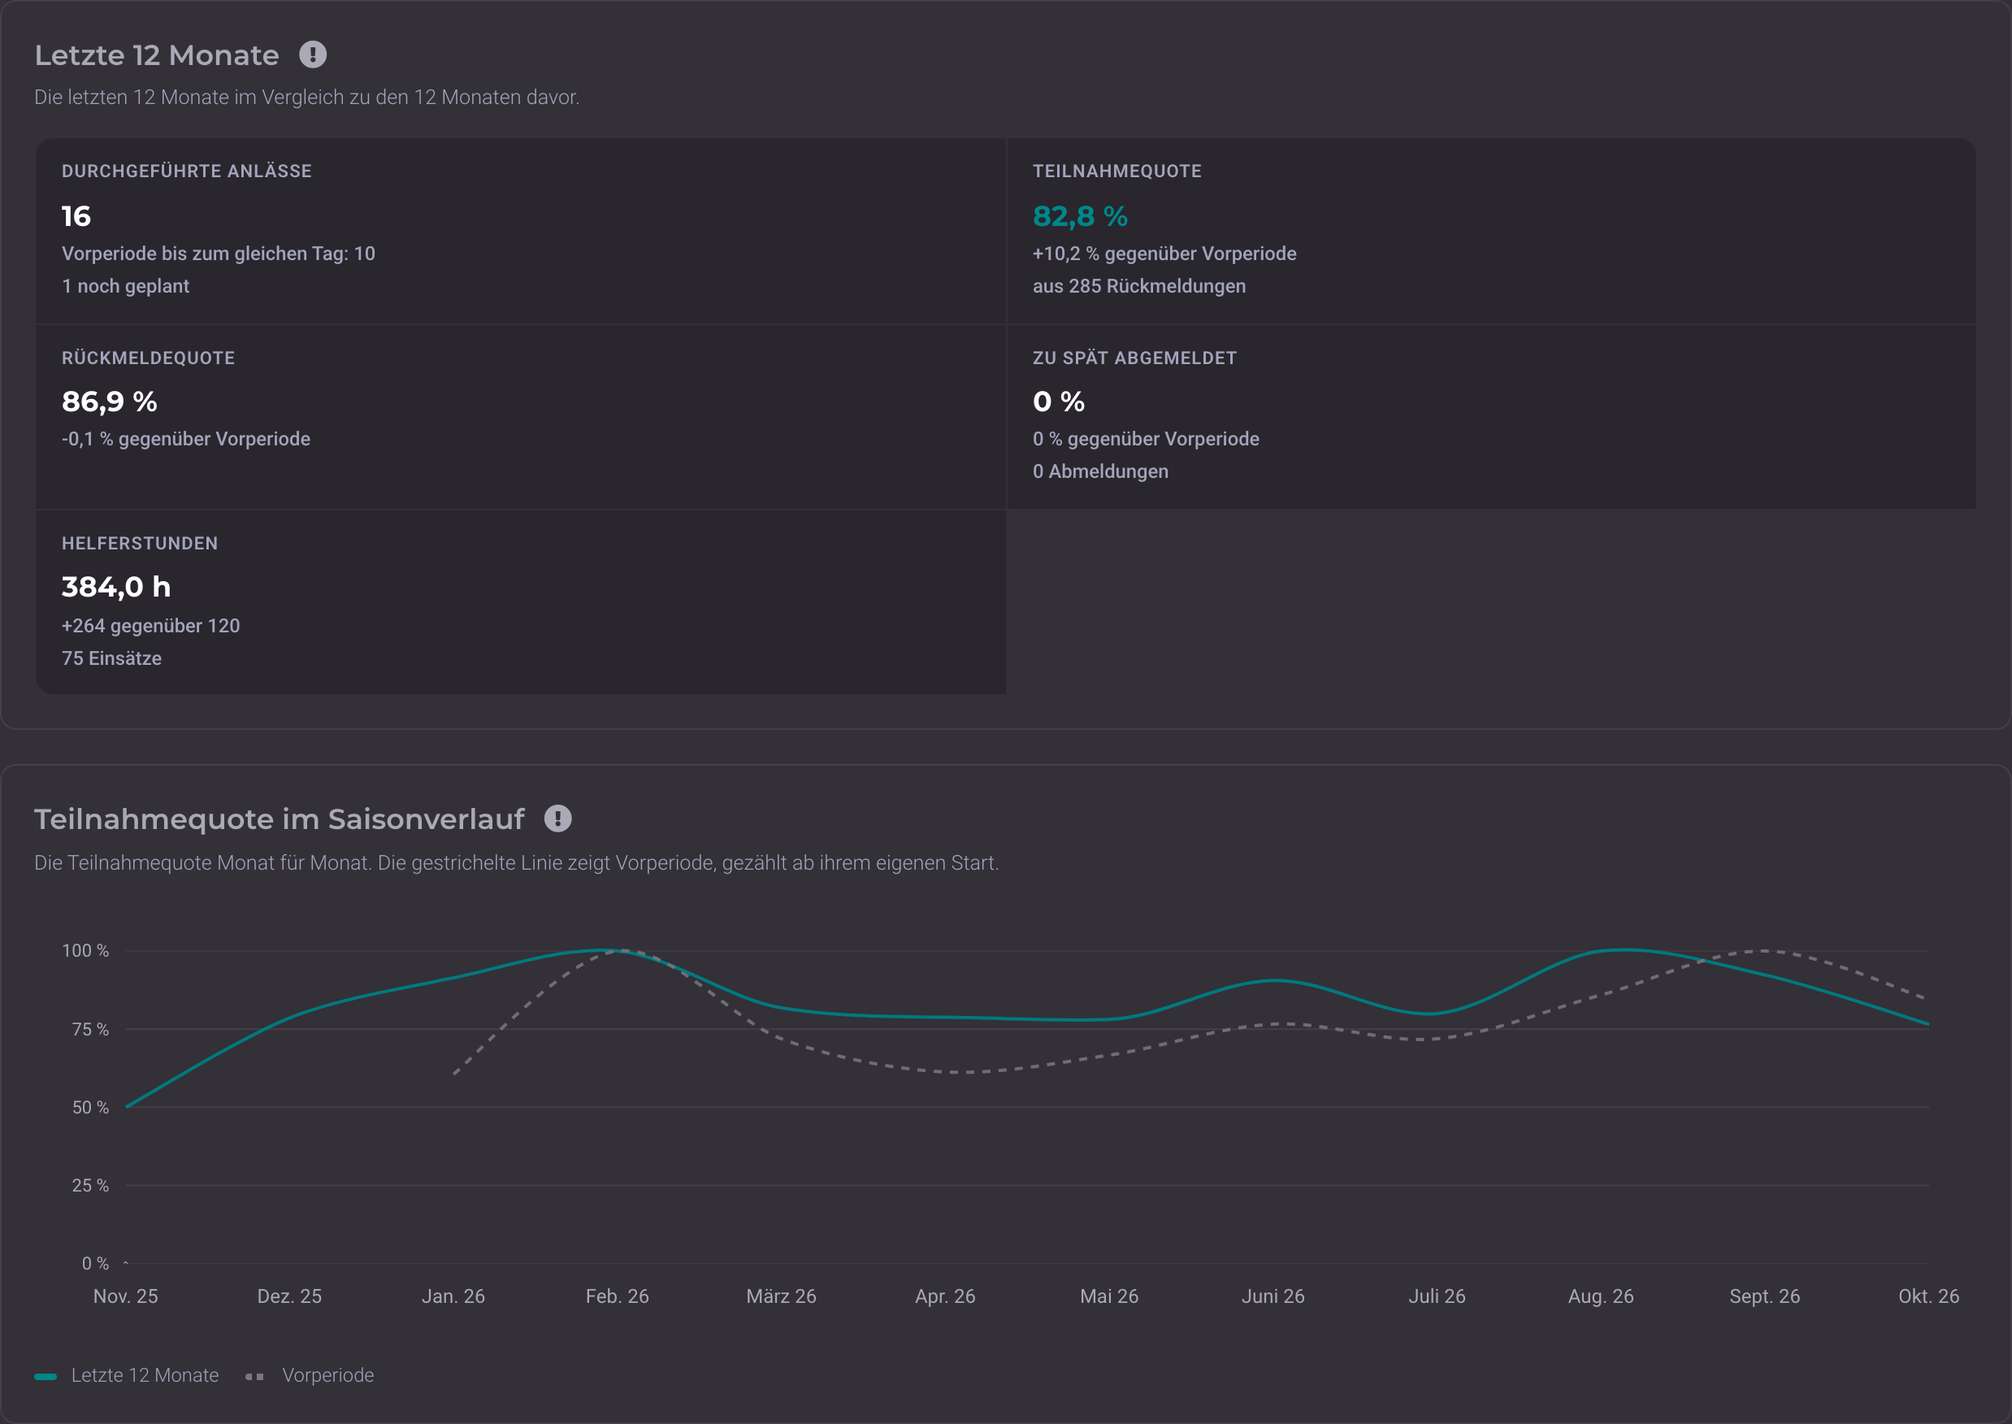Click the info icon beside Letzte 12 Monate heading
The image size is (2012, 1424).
pyautogui.click(x=313, y=54)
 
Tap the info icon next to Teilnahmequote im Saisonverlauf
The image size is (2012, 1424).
pyautogui.click(x=557, y=818)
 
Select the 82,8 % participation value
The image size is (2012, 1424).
pyautogui.click(x=1080, y=215)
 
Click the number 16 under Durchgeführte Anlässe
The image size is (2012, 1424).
pyautogui.click(x=76, y=215)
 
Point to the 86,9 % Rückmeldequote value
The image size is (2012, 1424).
pyautogui.click(x=110, y=402)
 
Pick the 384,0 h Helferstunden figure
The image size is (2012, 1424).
pyautogui.click(x=115, y=587)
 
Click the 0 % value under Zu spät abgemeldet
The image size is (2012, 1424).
pyautogui.click(x=1059, y=402)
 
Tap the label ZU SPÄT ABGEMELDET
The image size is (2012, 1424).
pyautogui.click(x=1134, y=358)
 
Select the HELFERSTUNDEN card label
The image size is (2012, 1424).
pyautogui.click(x=140, y=544)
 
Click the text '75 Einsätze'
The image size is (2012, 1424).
pyautogui.click(x=111, y=658)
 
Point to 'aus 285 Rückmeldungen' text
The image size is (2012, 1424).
pyautogui.click(x=1138, y=286)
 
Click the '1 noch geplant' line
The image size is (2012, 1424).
pyautogui.click(x=125, y=286)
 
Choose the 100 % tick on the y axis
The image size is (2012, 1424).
pyautogui.click(x=85, y=950)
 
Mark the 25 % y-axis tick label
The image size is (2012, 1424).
pyautogui.click(x=90, y=1186)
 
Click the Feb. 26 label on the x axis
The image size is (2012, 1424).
pyautogui.click(x=618, y=1296)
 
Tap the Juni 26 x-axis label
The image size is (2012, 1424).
pyautogui.click(x=1273, y=1296)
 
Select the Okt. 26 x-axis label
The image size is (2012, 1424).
pyautogui.click(x=1929, y=1296)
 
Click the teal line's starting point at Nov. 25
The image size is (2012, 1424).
pyautogui.click(x=127, y=1106)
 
